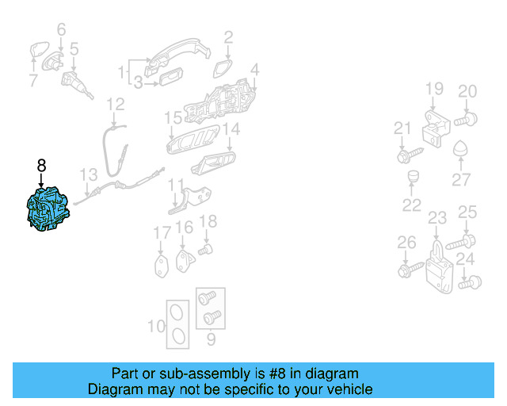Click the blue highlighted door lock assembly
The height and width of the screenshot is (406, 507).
coord(48,209)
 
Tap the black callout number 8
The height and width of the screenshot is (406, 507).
coord(41,166)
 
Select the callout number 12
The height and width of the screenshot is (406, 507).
coord(116,104)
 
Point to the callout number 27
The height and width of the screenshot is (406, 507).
coord(461,179)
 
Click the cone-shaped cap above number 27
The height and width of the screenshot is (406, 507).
coord(460,147)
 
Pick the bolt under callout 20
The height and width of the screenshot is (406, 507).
coord(466,120)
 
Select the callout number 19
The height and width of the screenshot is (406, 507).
coord(434,88)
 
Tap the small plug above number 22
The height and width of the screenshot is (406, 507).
coord(412,176)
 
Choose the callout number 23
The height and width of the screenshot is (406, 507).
coord(437,218)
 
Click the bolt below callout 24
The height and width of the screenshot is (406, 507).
coord(470,282)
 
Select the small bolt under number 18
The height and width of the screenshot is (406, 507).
coord(205,250)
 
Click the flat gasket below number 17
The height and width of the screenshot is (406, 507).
coord(162,266)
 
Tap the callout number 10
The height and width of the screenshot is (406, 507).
coord(157,326)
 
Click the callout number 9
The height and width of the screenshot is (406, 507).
coord(211,339)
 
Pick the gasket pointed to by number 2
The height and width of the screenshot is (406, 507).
coord(223,68)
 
